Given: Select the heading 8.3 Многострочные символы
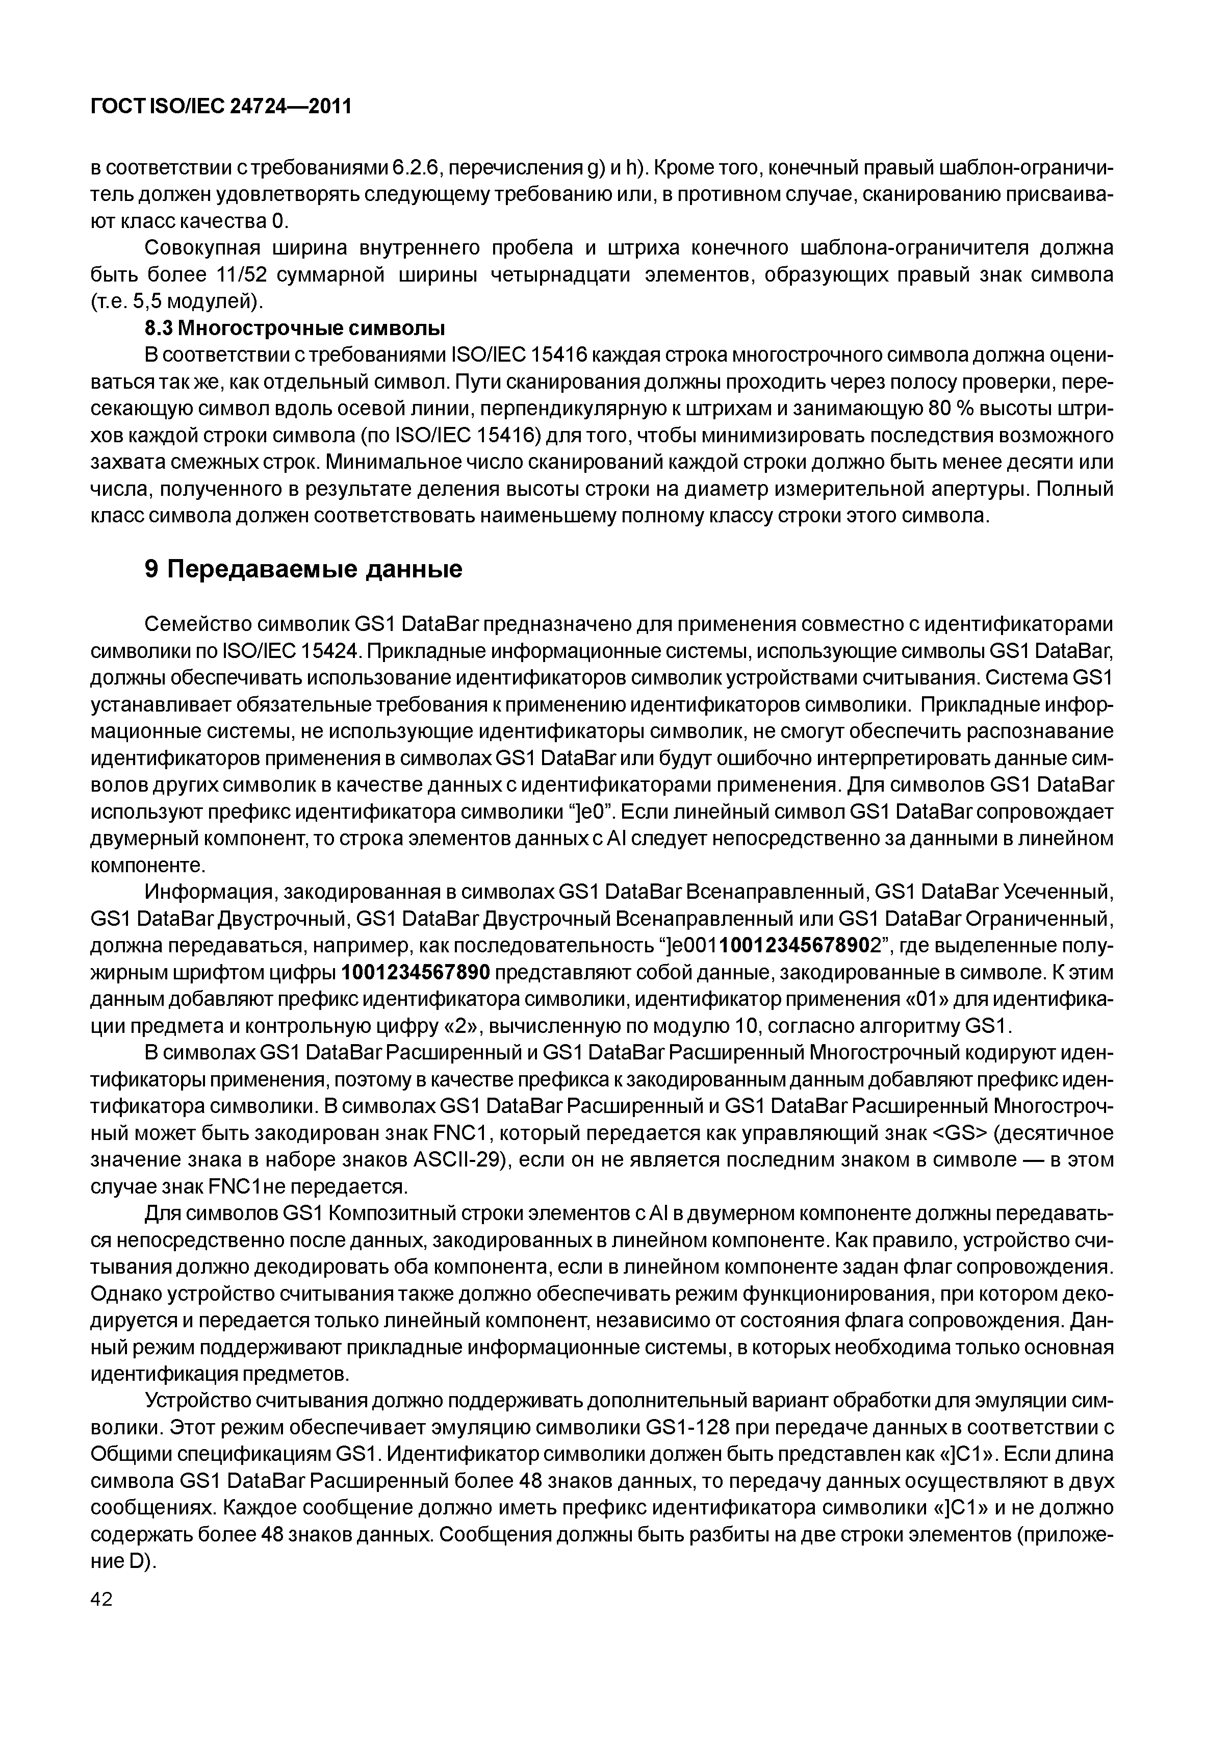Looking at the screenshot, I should pyautogui.click(x=294, y=328).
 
